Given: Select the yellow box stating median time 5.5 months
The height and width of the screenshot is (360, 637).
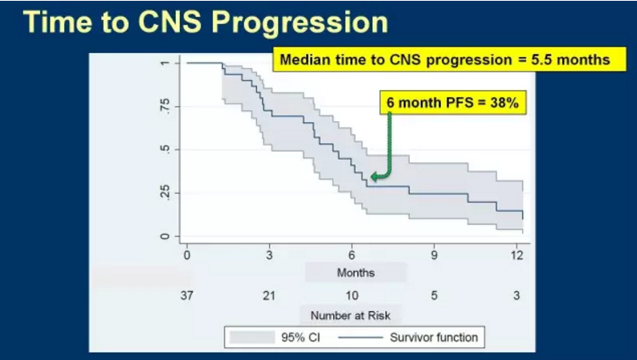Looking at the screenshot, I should click(444, 60).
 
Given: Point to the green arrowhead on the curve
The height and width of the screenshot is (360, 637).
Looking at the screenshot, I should click(374, 178).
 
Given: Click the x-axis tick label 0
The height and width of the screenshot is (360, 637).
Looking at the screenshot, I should click(187, 256).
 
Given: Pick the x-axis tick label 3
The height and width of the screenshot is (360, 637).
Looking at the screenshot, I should click(269, 256).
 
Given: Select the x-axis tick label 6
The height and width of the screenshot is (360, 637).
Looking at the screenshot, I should click(352, 256).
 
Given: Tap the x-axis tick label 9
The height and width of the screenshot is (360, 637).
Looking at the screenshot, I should click(434, 256).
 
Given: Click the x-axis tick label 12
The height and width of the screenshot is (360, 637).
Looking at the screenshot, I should click(517, 256).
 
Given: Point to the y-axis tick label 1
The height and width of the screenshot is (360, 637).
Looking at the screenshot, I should click(164, 63).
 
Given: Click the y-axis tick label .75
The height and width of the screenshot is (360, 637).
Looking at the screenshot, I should click(164, 107).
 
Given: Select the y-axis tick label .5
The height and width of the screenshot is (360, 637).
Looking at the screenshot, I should click(164, 150).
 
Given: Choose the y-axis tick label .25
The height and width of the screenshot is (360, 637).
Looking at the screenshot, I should click(164, 193).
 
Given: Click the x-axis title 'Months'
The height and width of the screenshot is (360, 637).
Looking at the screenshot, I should click(355, 273).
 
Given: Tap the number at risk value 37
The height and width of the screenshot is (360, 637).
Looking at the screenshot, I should click(187, 295).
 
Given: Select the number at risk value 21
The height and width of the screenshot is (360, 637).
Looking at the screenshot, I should click(269, 295).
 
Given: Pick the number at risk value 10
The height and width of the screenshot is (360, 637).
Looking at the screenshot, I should click(352, 295).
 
